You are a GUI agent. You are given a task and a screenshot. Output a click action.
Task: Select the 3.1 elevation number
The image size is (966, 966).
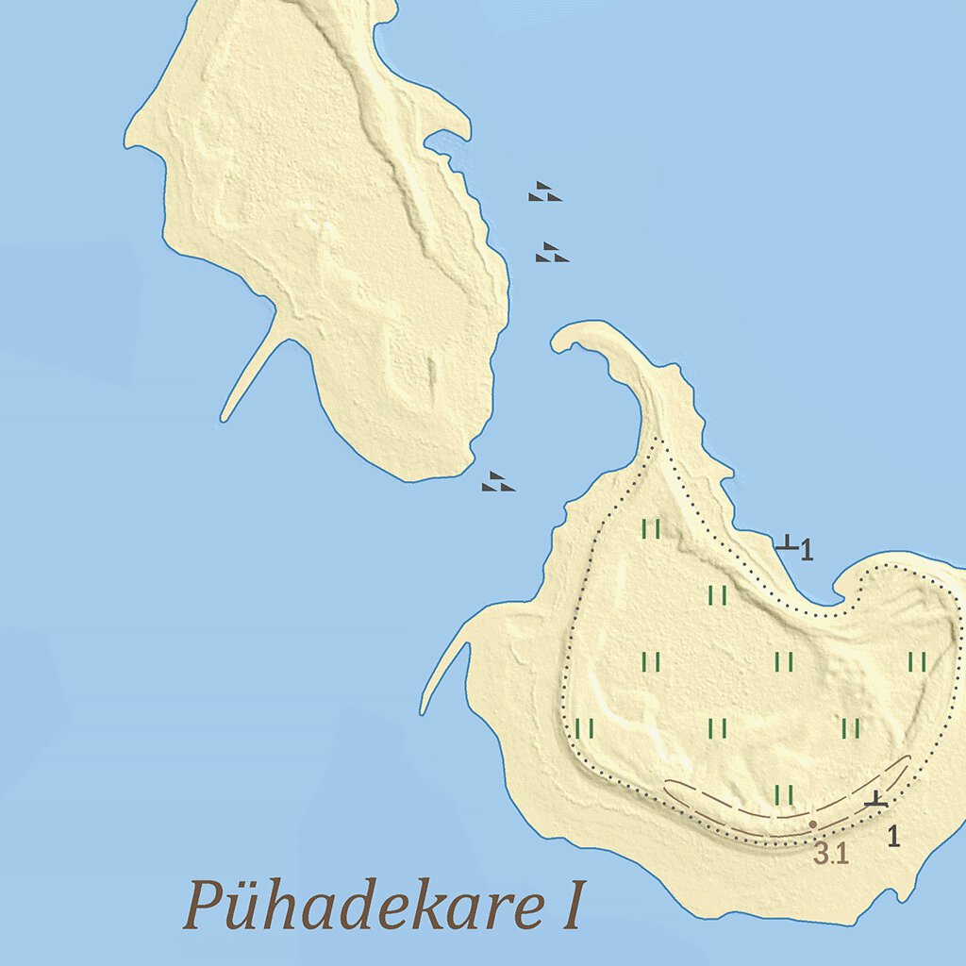pyautogui.click(x=831, y=855)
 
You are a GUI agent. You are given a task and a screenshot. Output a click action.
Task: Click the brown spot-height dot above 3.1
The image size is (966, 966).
pyautogui.click(x=813, y=824)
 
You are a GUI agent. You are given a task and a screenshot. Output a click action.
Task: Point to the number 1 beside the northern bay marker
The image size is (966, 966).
pyautogui.click(x=807, y=550)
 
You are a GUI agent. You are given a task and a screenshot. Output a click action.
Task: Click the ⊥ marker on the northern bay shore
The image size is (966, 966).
pyautogui.click(x=786, y=542)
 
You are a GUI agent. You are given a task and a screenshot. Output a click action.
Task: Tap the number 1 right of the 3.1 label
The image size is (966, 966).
pyautogui.click(x=893, y=835)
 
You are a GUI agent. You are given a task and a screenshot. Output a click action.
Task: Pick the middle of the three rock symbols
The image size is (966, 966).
pyautogui.click(x=551, y=252)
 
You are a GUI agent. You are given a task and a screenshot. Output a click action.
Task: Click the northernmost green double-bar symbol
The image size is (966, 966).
pyautogui.click(x=651, y=529)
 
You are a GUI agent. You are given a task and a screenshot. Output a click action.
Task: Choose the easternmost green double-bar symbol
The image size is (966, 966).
pyautogui.click(x=917, y=662)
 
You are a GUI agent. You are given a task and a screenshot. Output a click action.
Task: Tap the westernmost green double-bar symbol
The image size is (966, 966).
pyautogui.click(x=584, y=728)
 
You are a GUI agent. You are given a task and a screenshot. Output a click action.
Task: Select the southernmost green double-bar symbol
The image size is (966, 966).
pyautogui.click(x=784, y=795)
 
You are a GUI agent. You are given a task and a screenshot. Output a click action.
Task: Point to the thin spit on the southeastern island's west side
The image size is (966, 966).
pyautogui.click(x=443, y=675)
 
